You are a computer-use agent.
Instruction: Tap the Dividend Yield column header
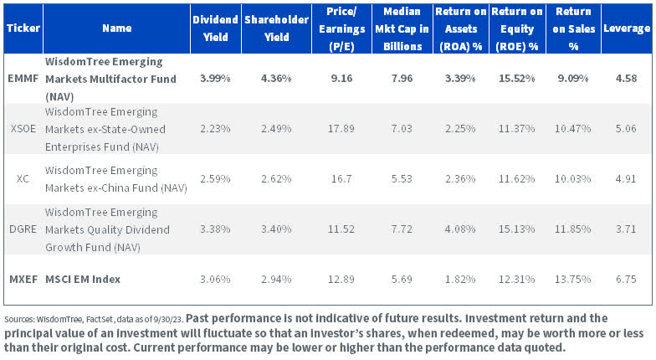tap(214, 28)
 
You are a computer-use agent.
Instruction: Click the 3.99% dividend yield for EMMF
tap(214, 78)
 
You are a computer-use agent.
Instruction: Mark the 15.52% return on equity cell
tap(513, 78)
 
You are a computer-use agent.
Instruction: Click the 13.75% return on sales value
tap(569, 278)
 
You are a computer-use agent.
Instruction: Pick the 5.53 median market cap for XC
tap(398, 178)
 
